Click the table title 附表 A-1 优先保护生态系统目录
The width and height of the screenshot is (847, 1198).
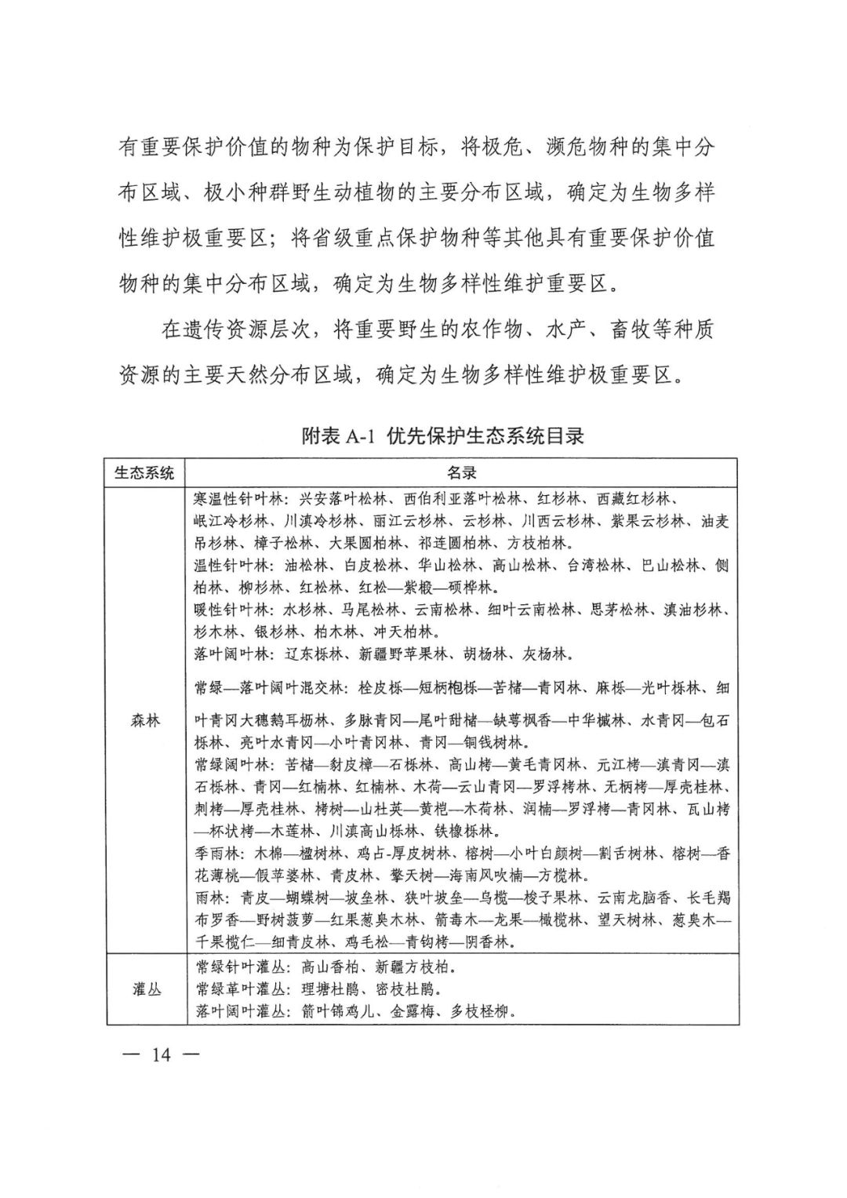[x=443, y=436]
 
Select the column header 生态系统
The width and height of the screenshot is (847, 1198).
[x=145, y=472]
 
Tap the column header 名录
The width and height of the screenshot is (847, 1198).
[x=462, y=472]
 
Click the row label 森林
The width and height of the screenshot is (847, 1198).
[x=145, y=719]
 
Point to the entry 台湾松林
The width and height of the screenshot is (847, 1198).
[x=596, y=565]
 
